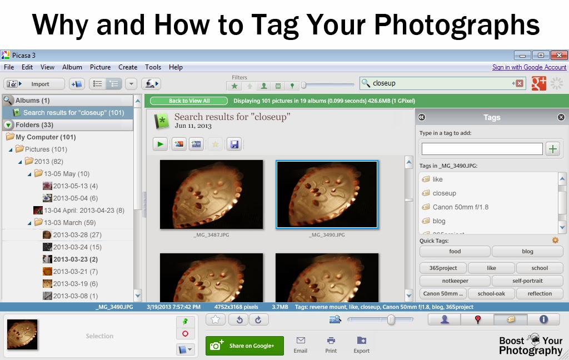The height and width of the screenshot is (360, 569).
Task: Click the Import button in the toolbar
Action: [34, 84]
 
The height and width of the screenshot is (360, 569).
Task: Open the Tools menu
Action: [153, 67]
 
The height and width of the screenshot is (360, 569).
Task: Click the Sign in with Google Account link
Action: [529, 67]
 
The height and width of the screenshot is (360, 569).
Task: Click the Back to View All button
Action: [189, 101]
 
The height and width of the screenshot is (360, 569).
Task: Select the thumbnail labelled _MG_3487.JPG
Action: [211, 194]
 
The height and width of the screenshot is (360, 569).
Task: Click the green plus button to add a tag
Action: [553, 149]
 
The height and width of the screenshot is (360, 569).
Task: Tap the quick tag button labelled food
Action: [455, 252]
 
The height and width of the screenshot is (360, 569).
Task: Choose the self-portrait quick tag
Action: [527, 281]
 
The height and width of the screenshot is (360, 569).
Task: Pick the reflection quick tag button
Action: [540, 294]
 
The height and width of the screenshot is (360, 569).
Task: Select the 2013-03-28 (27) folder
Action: [77, 235]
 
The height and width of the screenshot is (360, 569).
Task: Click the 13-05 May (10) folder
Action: [67, 174]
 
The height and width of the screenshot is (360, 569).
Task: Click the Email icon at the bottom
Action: [301, 344]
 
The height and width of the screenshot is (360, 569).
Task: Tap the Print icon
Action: [331, 344]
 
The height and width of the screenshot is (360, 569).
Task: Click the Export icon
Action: [361, 344]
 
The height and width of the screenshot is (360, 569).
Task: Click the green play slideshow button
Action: [161, 144]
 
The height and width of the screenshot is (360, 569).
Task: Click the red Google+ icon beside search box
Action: [538, 83]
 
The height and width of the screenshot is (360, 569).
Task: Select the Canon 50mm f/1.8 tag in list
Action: [461, 207]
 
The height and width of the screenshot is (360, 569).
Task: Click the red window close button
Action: [558, 55]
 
